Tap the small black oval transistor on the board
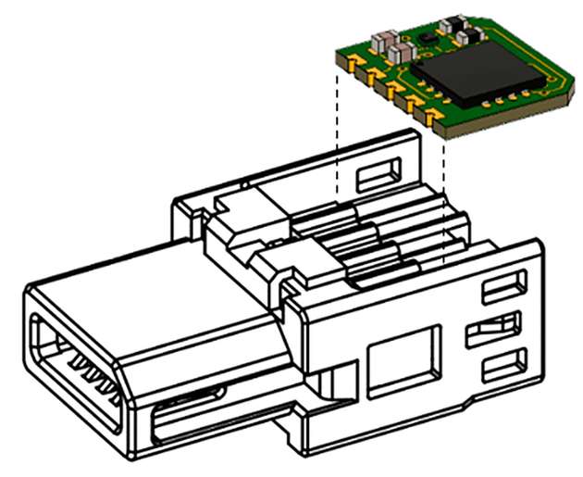(428, 38)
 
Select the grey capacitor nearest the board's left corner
(379, 40)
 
